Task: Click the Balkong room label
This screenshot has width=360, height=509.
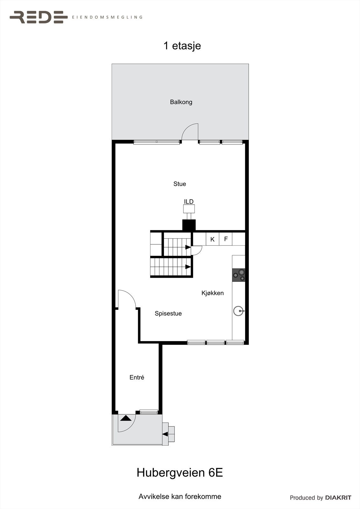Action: coord(181,102)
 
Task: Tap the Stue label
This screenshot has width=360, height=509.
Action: coord(180,184)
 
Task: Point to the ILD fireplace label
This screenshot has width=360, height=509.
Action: coord(189,202)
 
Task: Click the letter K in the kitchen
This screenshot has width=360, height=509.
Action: coord(213,240)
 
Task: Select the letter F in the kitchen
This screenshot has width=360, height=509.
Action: coord(226,239)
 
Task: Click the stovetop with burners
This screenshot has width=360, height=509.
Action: coord(239,275)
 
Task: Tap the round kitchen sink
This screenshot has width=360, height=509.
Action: coord(238,311)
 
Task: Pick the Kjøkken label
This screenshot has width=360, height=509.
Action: coord(213,293)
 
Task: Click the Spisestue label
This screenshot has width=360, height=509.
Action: coord(168,313)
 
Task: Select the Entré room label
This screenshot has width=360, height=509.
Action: coord(137,378)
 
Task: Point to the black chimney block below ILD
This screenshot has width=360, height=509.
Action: coord(189,225)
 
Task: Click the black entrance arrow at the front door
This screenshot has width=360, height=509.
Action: coord(126,418)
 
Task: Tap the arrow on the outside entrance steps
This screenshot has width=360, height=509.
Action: coord(165,434)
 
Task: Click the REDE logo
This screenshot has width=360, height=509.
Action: coord(39,17)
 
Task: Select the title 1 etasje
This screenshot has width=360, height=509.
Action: coord(182,46)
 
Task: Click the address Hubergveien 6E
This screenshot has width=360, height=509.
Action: coord(180,473)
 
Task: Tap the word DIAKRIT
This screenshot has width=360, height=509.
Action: coord(338,498)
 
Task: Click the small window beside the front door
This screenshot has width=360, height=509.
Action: coord(149,412)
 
